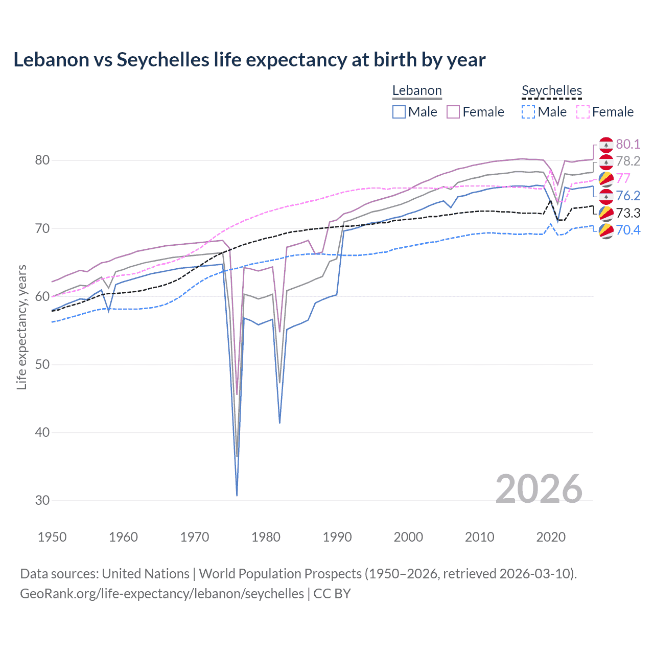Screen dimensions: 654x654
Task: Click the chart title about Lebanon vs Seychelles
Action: [249, 60]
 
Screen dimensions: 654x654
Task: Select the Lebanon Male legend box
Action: [399, 112]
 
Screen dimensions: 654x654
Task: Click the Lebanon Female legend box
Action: [453, 112]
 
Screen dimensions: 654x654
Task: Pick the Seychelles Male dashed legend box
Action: [528, 112]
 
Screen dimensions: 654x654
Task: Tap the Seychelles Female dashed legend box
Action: [582, 112]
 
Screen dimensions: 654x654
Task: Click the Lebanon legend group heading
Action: [417, 91]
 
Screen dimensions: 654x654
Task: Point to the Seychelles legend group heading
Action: [552, 91]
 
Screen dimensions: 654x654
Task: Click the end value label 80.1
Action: [628, 144]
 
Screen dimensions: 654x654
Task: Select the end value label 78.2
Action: [628, 161]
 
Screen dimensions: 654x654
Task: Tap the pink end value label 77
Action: [623, 178]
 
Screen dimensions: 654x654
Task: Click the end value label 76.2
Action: [628, 196]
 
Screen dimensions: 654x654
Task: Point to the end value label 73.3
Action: [628, 213]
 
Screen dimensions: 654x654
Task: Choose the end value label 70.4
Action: [628, 230]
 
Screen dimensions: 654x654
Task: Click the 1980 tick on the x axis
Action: [266, 537]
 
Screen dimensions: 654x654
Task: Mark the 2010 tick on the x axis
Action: [479, 537]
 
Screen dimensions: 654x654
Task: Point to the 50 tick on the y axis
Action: [42, 364]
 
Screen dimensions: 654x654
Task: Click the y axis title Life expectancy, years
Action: [22, 327]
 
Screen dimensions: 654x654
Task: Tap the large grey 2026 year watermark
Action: [539, 489]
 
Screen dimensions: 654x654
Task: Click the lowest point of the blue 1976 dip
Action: [237, 495]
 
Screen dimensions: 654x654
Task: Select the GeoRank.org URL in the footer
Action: [162, 594]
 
